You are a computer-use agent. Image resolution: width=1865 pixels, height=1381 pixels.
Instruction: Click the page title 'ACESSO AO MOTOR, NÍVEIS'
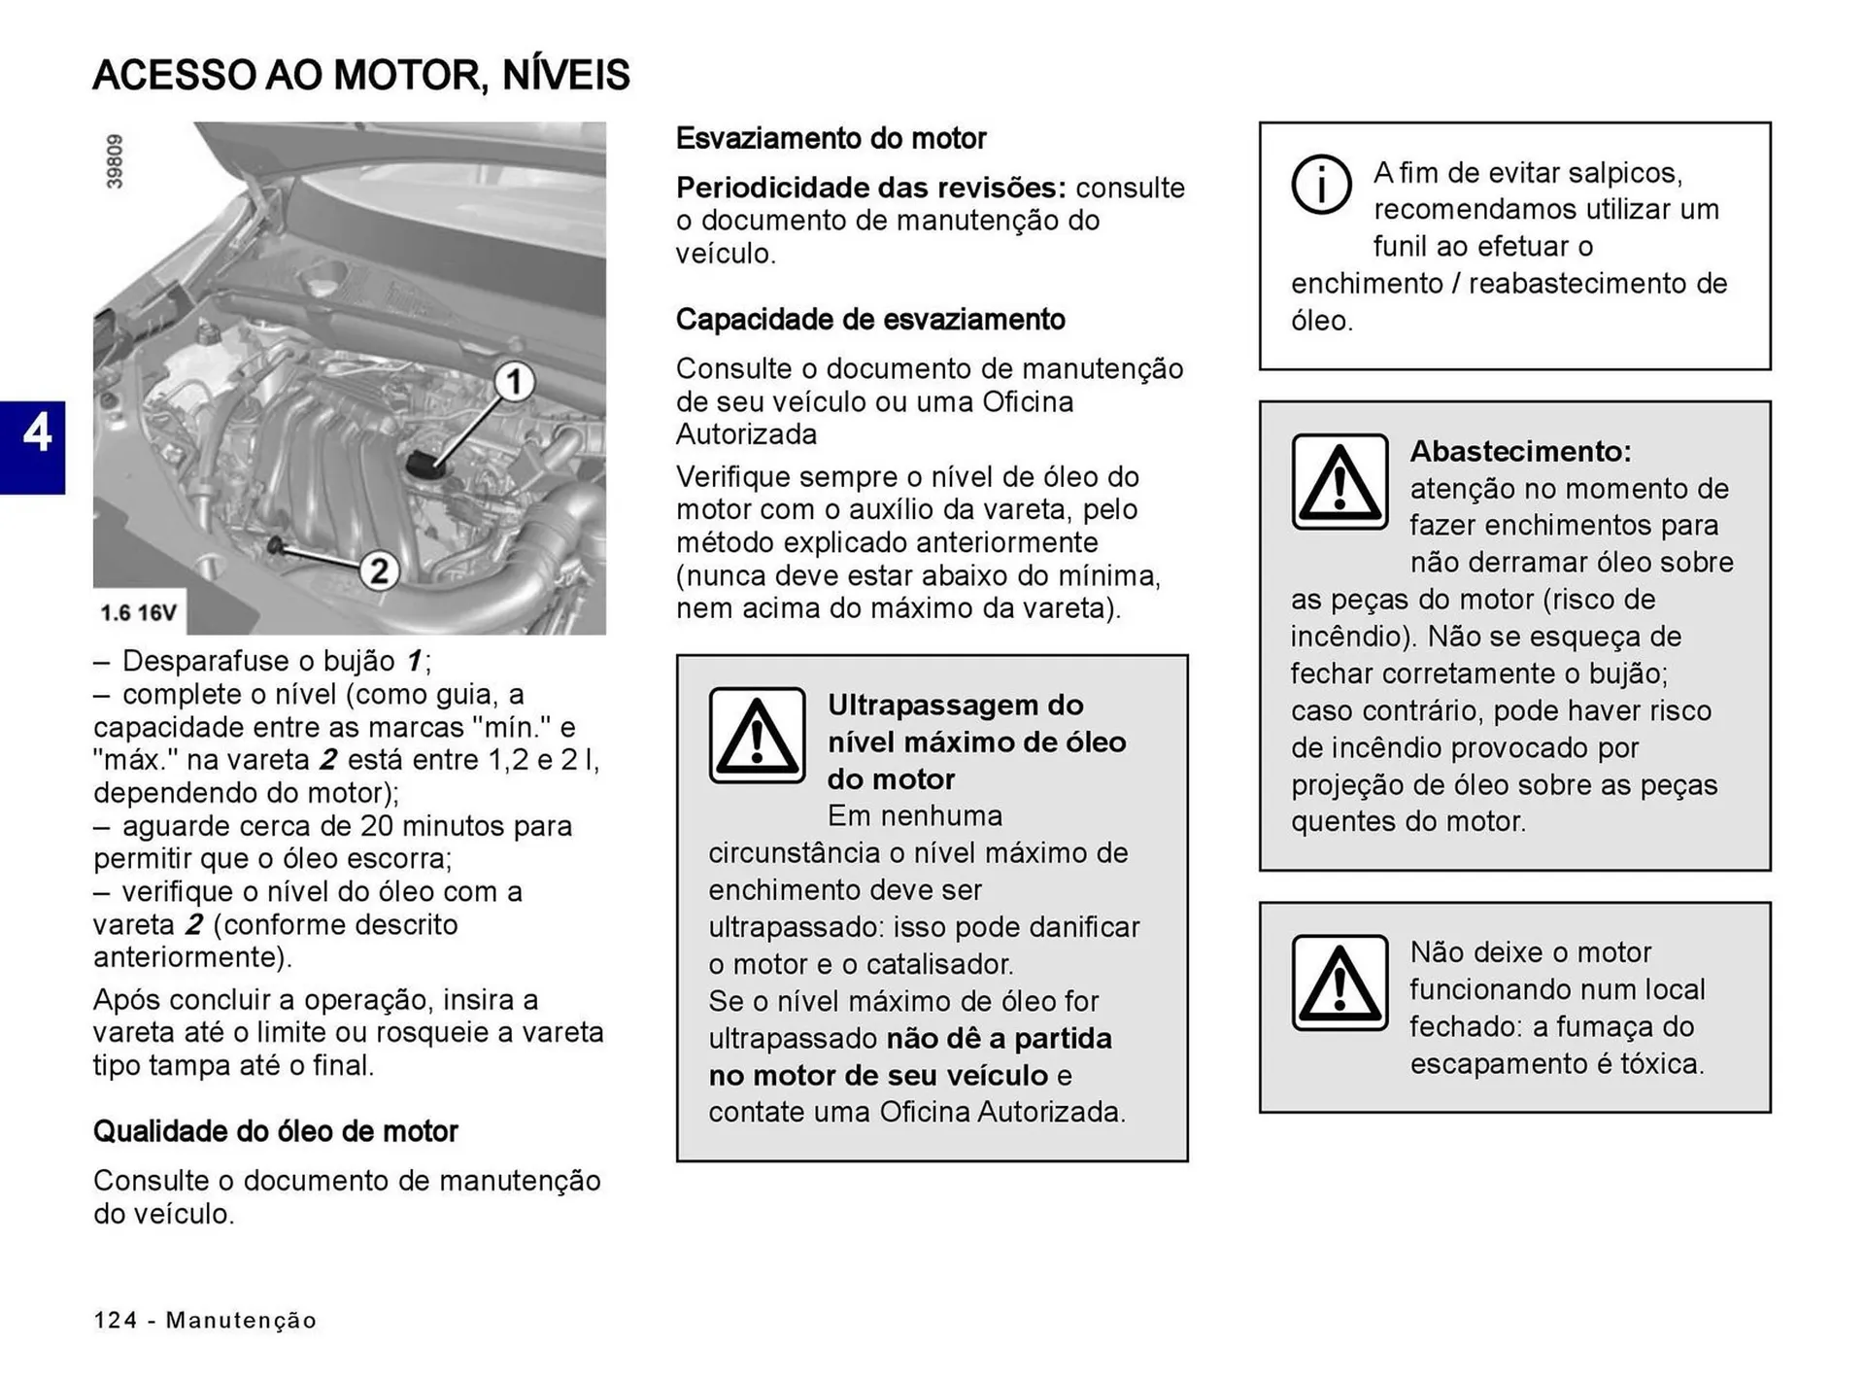coord(361,76)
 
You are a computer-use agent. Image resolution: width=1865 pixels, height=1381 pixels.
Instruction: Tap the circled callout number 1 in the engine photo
coord(514,382)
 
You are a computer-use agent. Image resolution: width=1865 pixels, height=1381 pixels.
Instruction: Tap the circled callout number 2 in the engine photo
coord(379,570)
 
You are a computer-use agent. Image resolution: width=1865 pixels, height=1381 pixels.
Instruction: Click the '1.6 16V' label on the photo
coord(139,613)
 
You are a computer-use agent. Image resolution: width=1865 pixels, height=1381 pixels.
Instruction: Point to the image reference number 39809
coord(115,161)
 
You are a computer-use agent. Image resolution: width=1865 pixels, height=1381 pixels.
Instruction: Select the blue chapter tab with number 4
coord(33,447)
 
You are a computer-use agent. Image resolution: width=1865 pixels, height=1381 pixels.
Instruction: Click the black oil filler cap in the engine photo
coord(424,465)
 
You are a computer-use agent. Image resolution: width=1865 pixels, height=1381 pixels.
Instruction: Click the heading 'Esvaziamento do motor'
coord(831,139)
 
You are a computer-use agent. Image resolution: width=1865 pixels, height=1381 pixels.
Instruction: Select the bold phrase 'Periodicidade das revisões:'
coord(870,188)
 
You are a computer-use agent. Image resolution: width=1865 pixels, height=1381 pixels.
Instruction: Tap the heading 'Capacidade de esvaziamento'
coord(870,320)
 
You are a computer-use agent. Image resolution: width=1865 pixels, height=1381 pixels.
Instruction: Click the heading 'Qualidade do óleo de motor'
coord(275,1131)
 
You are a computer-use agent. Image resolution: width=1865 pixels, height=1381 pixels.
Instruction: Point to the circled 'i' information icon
coord(1320,184)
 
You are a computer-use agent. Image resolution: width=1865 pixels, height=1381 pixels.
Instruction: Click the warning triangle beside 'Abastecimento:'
coord(1339,482)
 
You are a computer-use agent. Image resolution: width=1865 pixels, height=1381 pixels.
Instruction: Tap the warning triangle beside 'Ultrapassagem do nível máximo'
coord(757,736)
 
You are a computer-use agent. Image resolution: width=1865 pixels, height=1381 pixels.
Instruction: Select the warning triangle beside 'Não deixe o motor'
coord(1339,983)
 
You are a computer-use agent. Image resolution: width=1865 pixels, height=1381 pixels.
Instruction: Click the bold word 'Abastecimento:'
coord(1520,452)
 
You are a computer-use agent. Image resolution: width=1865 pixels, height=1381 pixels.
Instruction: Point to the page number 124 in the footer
coord(115,1320)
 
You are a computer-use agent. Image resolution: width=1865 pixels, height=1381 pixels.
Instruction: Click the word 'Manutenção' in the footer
coord(241,1320)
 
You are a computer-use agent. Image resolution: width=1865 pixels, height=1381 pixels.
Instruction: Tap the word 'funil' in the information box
coord(1401,247)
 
